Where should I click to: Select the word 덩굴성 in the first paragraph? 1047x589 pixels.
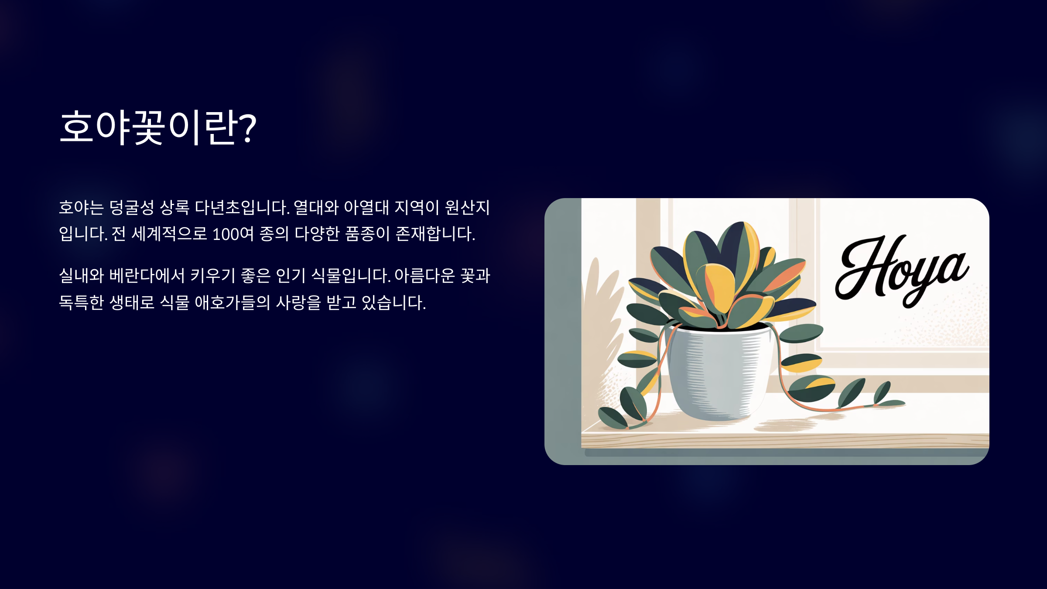coord(131,207)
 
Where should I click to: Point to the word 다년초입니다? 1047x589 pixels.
coord(242,207)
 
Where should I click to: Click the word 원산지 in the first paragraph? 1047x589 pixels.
coord(467,207)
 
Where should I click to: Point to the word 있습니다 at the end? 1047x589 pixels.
coord(393,302)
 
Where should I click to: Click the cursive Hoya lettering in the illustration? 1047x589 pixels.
coord(902,271)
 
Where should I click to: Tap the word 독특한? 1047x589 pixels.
coord(81,302)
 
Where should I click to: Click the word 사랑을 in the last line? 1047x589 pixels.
coord(298,302)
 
